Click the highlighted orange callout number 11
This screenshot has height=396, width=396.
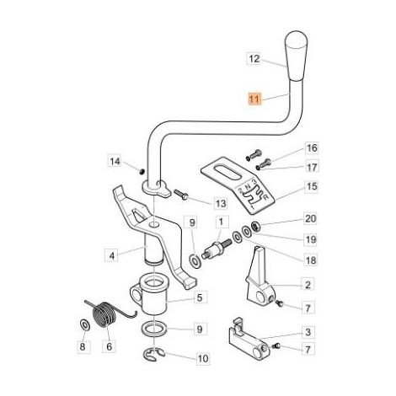coord(254,99)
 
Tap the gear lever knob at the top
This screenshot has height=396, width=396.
coord(296,56)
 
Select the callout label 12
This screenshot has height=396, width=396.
coord(254,59)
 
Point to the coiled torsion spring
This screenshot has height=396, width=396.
coord(108,313)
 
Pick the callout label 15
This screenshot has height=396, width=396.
coord(312,186)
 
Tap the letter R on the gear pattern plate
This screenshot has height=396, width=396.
coord(265,197)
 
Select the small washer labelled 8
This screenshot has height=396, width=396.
coord(84,324)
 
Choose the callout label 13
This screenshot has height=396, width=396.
coord(221,203)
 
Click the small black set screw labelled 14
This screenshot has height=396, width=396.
coord(142,171)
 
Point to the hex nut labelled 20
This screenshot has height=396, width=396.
coord(256,226)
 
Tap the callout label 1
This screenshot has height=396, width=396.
coord(221,222)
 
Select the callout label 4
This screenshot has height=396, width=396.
coord(112,255)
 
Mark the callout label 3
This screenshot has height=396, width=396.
coord(308,332)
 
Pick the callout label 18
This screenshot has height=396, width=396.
coord(310,260)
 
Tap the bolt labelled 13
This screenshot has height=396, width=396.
coord(180,195)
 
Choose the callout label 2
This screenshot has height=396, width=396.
coord(308,285)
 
